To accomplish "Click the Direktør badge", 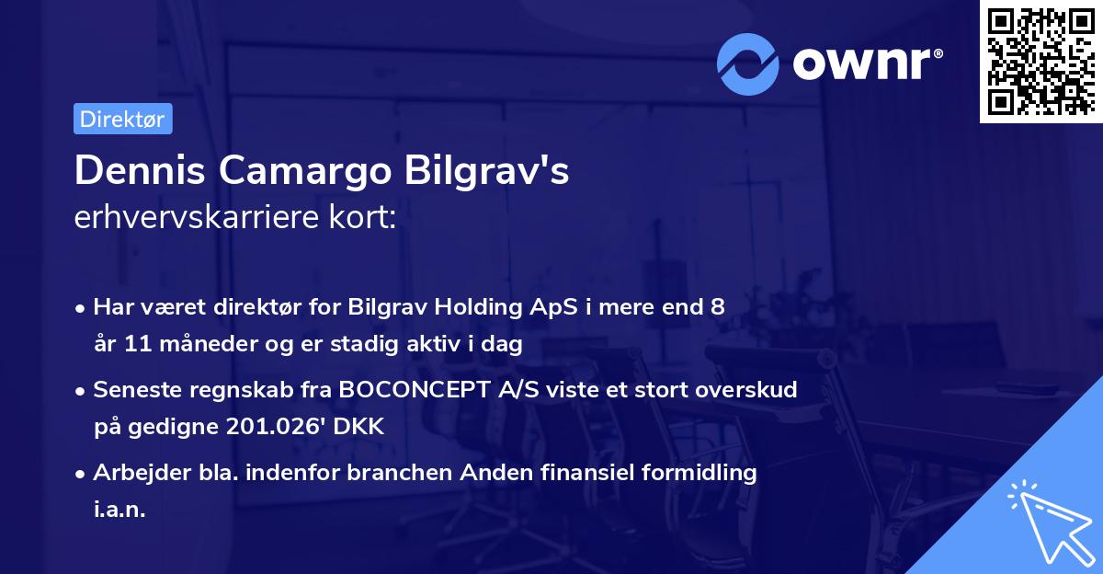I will coord(122,119).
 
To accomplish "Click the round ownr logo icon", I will coord(749,64).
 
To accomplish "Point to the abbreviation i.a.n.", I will coord(119,509).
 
